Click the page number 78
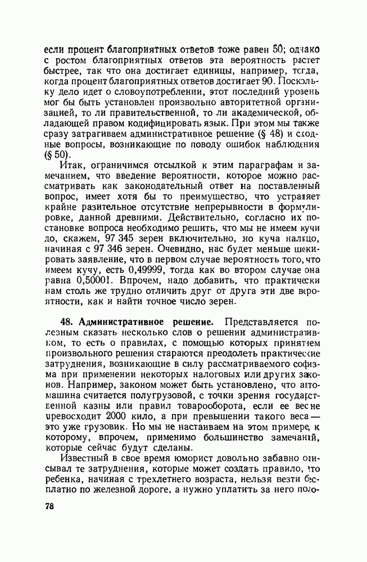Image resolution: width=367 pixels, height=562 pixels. pyautogui.click(x=49, y=506)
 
